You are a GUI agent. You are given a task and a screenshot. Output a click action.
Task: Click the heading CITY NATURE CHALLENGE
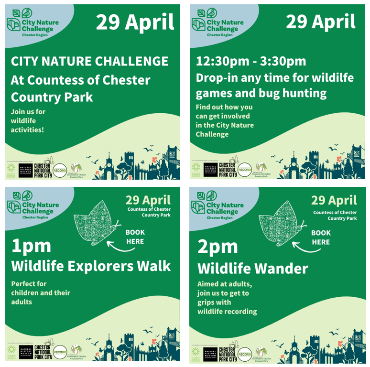(89, 62)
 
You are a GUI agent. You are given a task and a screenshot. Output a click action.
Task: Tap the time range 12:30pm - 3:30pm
(250, 62)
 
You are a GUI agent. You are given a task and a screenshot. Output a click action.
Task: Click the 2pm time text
(217, 246)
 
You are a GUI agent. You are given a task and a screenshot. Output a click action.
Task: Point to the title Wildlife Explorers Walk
(91, 266)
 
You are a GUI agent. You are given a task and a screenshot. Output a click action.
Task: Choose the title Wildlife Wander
(252, 268)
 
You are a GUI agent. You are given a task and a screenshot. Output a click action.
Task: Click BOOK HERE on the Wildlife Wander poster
(321, 237)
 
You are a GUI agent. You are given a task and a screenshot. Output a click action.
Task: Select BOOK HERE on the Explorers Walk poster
(135, 237)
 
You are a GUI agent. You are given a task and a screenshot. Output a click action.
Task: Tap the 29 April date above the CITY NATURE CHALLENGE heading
(135, 22)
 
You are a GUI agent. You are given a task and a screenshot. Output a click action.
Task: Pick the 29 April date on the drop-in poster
(321, 22)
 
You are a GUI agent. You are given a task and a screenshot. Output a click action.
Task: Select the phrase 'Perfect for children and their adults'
(41, 292)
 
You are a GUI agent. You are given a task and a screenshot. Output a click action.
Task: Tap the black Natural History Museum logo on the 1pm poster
(26, 352)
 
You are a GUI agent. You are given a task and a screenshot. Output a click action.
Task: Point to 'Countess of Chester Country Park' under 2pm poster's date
(335, 216)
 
